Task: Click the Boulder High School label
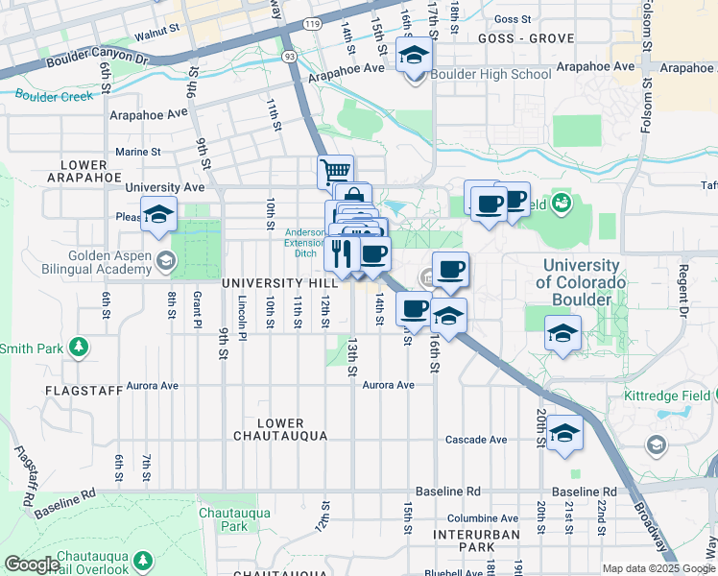(491, 74)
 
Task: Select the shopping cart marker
(335, 172)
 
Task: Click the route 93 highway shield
(288, 58)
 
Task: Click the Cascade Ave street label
(476, 440)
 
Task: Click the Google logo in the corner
(32, 564)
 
